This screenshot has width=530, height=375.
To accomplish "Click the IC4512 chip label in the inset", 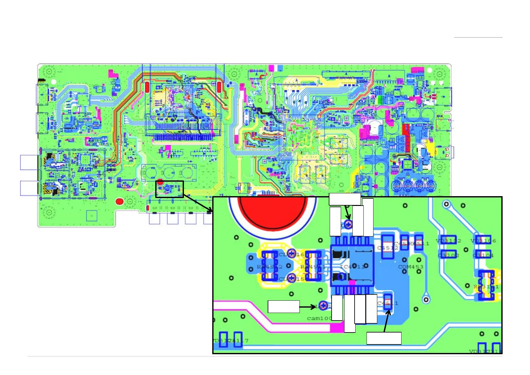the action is click(353, 267).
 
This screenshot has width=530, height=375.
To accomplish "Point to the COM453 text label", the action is click(411, 267).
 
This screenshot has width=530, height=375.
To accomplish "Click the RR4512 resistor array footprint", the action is click(270, 266).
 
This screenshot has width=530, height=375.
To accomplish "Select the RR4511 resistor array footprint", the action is click(313, 266).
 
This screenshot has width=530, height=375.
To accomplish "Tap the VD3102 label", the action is click(448, 241).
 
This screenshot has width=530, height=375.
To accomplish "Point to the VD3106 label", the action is click(483, 241).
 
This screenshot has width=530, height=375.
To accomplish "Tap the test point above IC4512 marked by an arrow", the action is click(348, 224).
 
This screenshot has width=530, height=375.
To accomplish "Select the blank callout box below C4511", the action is click(384, 338).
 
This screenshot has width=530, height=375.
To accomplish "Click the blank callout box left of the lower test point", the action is click(283, 307).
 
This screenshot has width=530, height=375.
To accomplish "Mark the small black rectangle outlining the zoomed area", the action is click(169, 189).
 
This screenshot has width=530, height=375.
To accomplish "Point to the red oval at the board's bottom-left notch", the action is click(119, 201).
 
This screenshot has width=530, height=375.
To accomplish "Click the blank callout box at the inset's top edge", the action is click(345, 199).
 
